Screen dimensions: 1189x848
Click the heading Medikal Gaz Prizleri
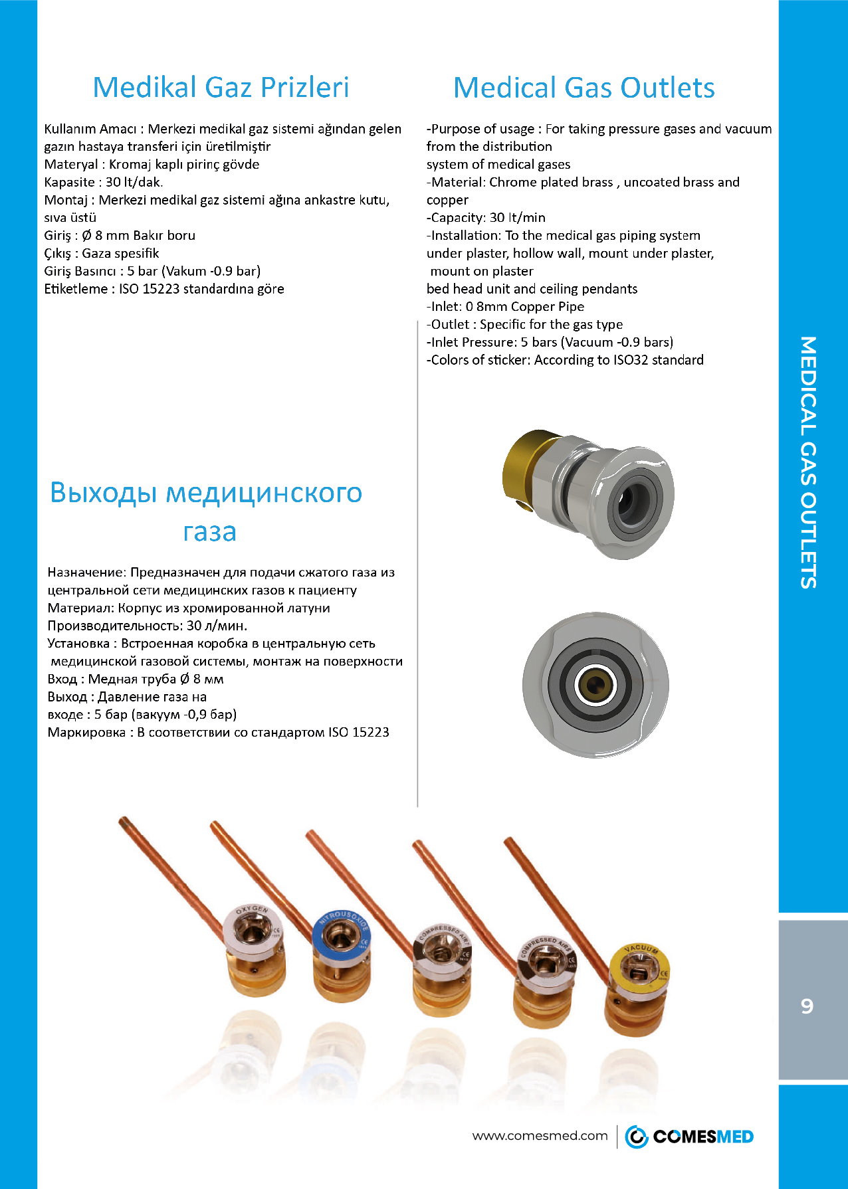coord(221,88)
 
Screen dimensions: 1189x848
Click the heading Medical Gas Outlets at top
coord(583,88)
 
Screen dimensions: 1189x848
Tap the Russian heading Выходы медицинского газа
coord(207,511)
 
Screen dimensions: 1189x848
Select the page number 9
coord(807,1006)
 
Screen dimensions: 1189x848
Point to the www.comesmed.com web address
coord(540,1136)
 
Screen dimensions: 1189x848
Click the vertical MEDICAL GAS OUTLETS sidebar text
coord(807,462)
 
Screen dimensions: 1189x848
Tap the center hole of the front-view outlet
coord(595,685)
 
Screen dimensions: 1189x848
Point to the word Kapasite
coord(69,182)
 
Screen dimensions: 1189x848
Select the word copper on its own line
coord(447,200)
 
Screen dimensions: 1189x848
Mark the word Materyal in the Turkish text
coord(70,164)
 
